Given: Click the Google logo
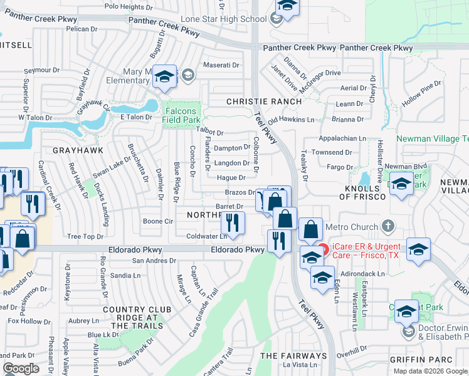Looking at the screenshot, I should point(20,368).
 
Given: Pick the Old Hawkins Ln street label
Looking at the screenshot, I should point(291,119).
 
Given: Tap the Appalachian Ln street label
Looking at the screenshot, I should point(342,138).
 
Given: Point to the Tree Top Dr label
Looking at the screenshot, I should point(85,236).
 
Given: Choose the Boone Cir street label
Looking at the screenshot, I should point(157,221).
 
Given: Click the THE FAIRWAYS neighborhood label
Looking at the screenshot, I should point(293,356).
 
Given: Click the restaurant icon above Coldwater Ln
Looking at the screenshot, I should point(232,222).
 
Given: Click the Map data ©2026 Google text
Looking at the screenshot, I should point(430,371).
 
